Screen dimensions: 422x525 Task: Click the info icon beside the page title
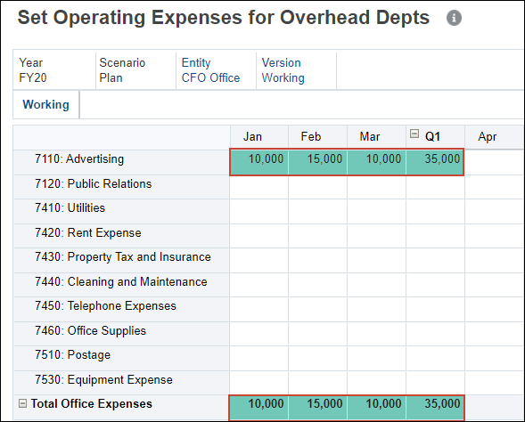[x=455, y=18]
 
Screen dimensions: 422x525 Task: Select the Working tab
[x=45, y=104]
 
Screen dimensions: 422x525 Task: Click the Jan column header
[x=253, y=136]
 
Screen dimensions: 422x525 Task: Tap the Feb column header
[x=311, y=136]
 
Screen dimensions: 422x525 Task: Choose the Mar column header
[x=370, y=136]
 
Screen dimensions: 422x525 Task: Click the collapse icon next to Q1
[x=414, y=135]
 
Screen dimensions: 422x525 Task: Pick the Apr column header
[x=488, y=136]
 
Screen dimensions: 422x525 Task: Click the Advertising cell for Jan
[x=258, y=160]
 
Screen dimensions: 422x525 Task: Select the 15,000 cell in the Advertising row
[x=317, y=160]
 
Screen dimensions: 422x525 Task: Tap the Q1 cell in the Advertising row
[x=435, y=160]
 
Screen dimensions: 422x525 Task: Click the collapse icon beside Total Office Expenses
[x=23, y=403]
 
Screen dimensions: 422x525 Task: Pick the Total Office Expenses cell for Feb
[x=317, y=404]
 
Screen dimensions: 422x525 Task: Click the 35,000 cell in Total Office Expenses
[x=435, y=404]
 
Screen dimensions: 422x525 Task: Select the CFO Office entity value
[x=211, y=77]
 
